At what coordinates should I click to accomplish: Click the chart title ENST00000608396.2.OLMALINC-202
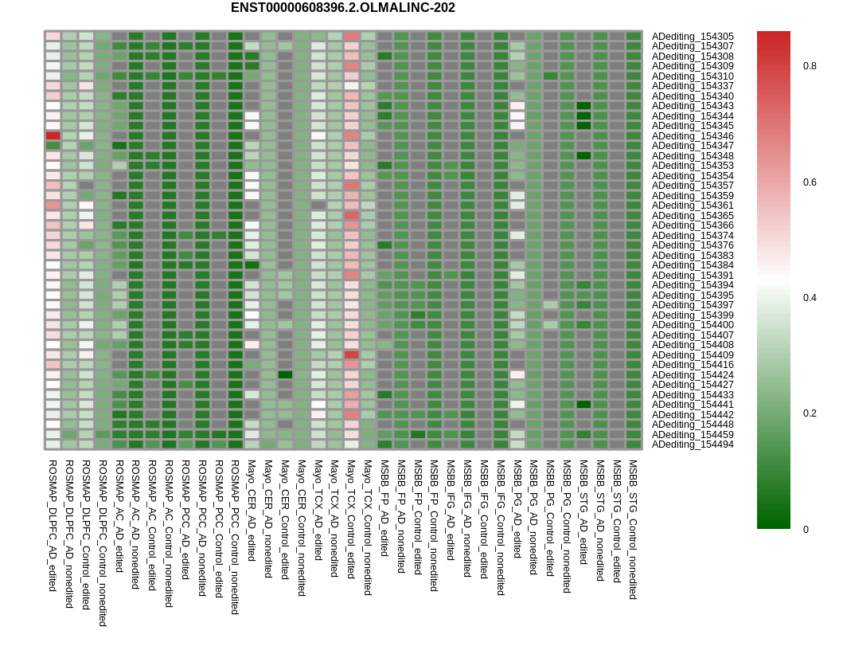(x=342, y=8)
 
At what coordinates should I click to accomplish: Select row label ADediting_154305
(x=693, y=37)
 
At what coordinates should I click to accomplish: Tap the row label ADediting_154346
(x=693, y=136)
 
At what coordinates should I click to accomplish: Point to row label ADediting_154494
(x=693, y=444)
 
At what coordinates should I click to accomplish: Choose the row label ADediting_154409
(x=693, y=355)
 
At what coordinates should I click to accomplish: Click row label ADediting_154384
(x=693, y=265)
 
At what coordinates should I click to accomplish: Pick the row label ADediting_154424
(x=693, y=375)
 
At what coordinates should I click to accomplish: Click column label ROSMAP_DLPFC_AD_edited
(x=53, y=525)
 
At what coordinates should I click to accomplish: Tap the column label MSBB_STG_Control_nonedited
(x=633, y=529)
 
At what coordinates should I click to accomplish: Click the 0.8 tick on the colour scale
(x=810, y=66)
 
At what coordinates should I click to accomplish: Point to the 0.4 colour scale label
(x=810, y=298)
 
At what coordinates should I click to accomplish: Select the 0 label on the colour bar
(x=806, y=530)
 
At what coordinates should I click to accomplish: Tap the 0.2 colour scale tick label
(x=810, y=413)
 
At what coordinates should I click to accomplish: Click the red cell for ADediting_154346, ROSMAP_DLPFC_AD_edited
(x=53, y=136)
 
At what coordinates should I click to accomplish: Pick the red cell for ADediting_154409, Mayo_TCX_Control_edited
(x=351, y=355)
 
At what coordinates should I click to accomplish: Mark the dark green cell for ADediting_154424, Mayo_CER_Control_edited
(x=285, y=375)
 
